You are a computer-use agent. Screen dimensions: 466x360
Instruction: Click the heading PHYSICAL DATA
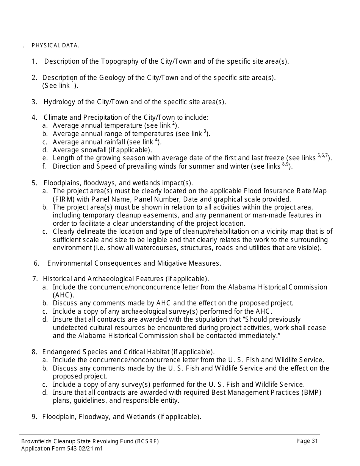point(55,45)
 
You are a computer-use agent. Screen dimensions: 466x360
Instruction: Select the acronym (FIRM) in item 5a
point(63,199)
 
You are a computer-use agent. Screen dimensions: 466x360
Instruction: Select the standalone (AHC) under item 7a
point(63,295)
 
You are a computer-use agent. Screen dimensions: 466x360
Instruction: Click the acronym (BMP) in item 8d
point(311,393)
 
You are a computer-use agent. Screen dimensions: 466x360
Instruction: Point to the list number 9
point(34,417)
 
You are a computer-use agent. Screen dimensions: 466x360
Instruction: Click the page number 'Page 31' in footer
point(307,441)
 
